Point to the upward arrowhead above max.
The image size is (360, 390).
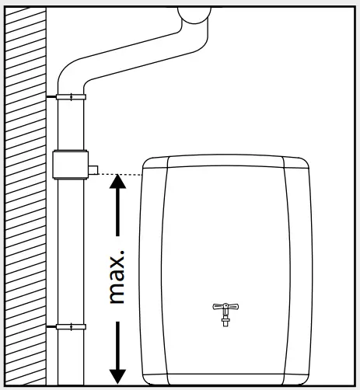coord(117,183)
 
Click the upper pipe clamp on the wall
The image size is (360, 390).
coord(71,96)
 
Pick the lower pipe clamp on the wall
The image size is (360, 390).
coord(71,327)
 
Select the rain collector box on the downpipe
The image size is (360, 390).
coord(70,165)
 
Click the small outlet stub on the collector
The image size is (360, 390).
coord(93,168)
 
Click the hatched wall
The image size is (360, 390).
coord(23,194)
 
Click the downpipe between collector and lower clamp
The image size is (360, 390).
coord(70,249)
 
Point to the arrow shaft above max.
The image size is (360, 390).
coord(117,214)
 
